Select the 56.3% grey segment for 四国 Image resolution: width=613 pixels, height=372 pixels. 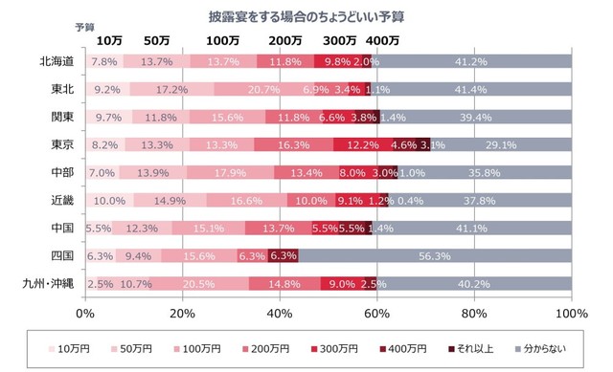coord(435,256)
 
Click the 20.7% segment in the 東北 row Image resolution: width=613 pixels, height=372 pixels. coord(238,89)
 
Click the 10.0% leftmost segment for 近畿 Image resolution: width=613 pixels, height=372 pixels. coord(109,201)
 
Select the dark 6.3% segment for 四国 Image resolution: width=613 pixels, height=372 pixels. coord(284,256)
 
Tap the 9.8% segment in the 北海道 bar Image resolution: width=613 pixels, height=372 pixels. coord(337,61)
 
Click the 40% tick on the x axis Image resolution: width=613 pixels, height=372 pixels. coord(280,313)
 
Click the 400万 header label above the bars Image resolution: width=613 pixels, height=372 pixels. coord(383,40)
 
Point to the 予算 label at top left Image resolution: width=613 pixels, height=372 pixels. coord(84,27)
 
